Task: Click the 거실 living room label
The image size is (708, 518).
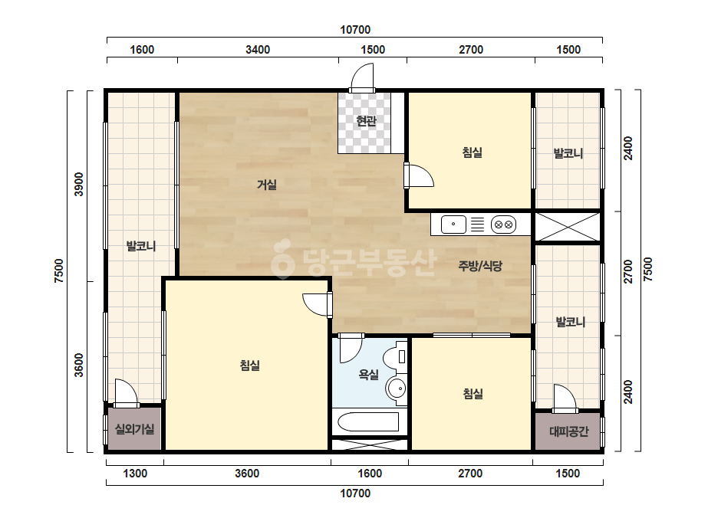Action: [267, 185]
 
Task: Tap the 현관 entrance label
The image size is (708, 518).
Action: [366, 121]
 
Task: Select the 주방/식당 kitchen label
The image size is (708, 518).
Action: [480, 266]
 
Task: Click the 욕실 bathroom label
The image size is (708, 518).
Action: [368, 374]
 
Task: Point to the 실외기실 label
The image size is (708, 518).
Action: [134, 429]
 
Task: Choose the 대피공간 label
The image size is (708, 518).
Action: [569, 432]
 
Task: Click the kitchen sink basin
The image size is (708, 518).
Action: [453, 225]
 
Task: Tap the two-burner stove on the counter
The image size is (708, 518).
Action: [503, 225]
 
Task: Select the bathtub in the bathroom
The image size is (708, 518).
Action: [368, 422]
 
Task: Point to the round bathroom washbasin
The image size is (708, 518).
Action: [397, 388]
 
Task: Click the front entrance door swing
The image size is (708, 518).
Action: [362, 77]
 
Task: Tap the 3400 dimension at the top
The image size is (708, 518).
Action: [258, 50]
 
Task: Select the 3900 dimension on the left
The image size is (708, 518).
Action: [79, 184]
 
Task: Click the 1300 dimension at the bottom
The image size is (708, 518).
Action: [135, 474]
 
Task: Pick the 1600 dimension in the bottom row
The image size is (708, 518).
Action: [370, 474]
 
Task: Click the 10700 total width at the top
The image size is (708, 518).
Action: [355, 30]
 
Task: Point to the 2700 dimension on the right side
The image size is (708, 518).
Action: [628, 271]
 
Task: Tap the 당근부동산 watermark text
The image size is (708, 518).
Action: [354, 263]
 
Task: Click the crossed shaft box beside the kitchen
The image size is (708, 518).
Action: [568, 227]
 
